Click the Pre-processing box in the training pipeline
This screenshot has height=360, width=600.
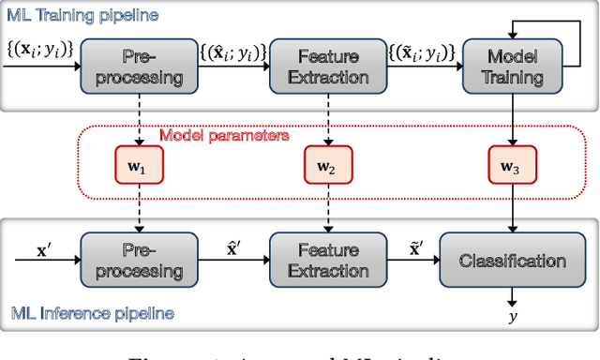(138, 67)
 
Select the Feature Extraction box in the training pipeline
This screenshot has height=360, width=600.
(327, 67)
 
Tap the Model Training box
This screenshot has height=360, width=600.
(513, 67)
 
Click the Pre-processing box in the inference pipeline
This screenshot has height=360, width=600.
(138, 261)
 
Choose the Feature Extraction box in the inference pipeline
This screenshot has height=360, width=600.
(327, 261)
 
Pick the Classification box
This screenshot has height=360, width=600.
(513, 261)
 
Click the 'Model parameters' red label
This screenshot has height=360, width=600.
(223, 135)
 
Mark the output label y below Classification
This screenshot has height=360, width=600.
(513, 318)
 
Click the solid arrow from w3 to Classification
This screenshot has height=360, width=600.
(513, 208)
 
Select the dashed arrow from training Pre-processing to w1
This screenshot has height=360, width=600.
(138, 120)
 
